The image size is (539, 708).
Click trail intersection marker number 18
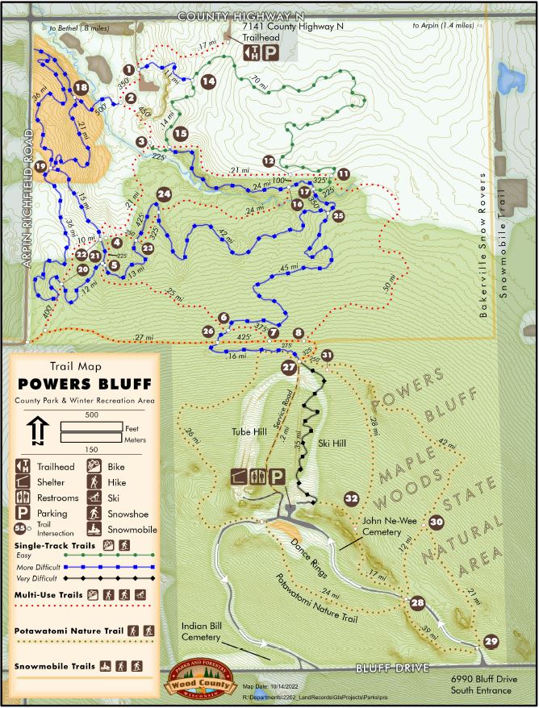pos(80,89)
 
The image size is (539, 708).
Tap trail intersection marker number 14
pos(208,81)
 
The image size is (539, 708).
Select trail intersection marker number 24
pos(165,194)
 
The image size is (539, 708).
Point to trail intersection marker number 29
pos(491,641)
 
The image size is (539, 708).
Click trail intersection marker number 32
pos(351,499)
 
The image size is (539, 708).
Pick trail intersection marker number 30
pos(436,522)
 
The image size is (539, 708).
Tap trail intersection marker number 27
pos(289,368)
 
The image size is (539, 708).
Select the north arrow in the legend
pos(38,431)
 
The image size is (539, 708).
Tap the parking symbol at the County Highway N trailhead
pos(272,53)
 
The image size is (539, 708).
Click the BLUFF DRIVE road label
pos(391,668)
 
